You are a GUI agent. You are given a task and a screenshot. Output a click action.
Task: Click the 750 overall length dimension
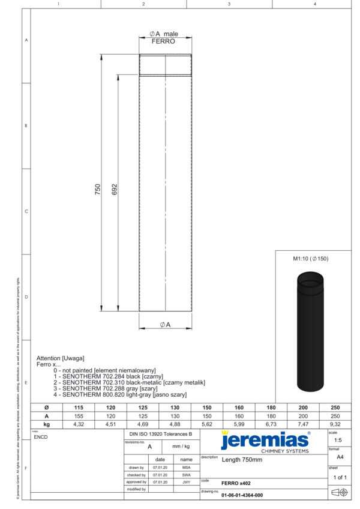coord(98,190)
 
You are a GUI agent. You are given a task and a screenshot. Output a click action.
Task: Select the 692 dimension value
coord(115,190)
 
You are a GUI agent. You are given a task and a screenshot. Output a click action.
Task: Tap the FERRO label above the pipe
coord(163,41)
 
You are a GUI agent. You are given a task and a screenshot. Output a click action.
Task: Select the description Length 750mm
coord(242,460)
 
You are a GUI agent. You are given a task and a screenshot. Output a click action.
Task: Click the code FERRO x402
coord(236,483)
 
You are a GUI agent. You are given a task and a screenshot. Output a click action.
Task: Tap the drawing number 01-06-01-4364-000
coord(242,495)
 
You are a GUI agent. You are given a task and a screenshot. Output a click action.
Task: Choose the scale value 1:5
coord(338,439)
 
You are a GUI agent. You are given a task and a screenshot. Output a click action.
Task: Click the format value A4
coord(338,457)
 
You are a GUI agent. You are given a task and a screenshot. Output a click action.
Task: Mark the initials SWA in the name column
coord(186,474)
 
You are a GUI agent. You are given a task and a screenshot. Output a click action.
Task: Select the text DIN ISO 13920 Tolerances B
coord(161,433)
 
